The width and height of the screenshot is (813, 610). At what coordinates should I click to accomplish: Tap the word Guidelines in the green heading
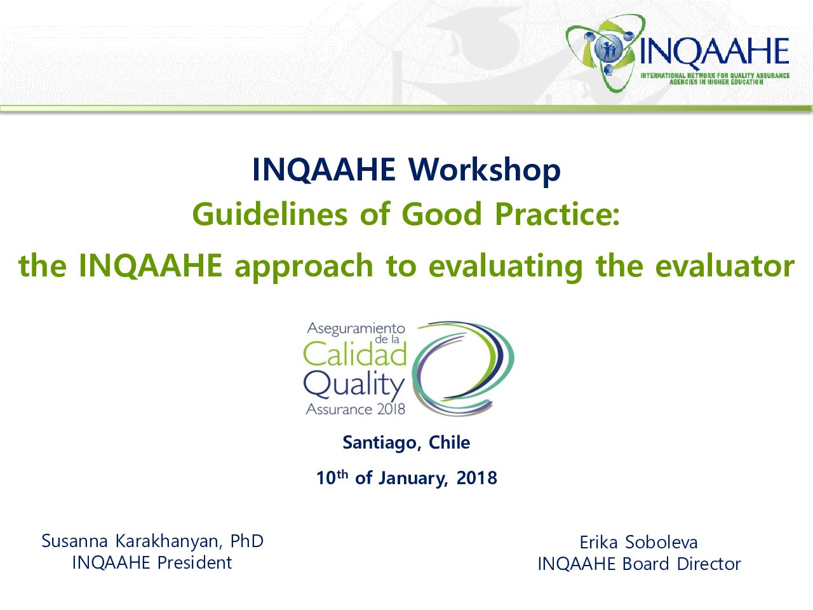click(x=270, y=214)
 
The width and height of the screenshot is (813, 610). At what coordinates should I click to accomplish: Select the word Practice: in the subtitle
click(x=558, y=214)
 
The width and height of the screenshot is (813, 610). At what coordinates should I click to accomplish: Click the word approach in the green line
click(x=304, y=266)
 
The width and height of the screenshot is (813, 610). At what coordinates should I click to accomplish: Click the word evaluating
click(x=506, y=267)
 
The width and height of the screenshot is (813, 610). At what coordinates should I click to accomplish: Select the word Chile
click(x=449, y=442)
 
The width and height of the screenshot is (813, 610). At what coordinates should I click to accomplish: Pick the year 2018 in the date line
click(x=477, y=478)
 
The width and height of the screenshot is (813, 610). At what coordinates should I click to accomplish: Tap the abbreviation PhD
click(x=246, y=541)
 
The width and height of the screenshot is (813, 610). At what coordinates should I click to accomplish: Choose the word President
click(x=194, y=562)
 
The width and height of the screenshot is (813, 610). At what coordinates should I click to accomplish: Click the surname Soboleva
click(x=661, y=543)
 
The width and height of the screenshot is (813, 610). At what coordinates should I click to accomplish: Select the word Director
click(x=709, y=564)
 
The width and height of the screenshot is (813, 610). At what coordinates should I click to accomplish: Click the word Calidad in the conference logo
click(x=355, y=354)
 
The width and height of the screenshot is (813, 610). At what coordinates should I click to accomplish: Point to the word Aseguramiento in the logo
click(x=356, y=329)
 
